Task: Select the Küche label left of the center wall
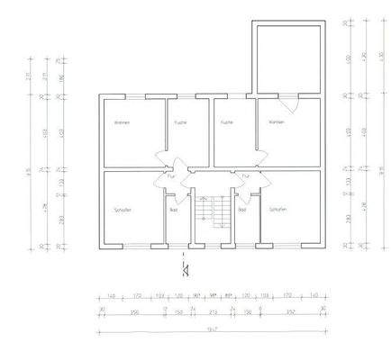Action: point(179,121)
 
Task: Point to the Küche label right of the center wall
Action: point(227,121)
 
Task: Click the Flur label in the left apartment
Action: point(171,176)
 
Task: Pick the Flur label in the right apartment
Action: point(240,177)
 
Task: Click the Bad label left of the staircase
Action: point(174,209)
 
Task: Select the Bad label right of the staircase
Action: point(241,209)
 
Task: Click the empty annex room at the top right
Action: point(287,58)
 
